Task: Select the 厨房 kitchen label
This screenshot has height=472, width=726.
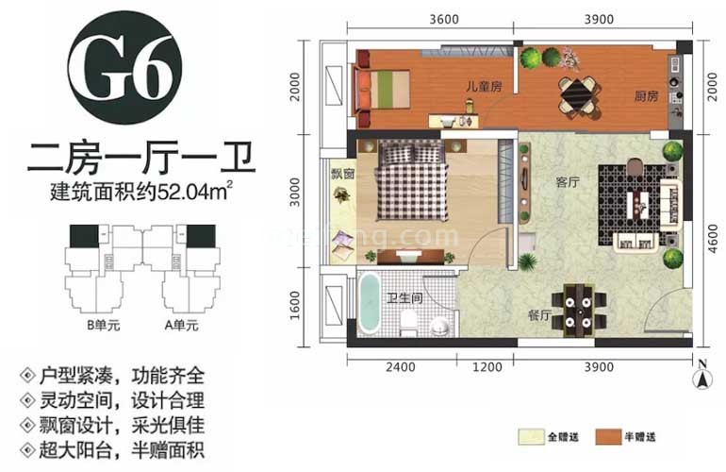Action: [645, 95]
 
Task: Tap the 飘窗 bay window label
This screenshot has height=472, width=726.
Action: [340, 174]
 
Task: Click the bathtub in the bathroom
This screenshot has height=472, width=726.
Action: [369, 303]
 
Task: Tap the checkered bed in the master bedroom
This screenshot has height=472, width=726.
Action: [411, 185]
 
